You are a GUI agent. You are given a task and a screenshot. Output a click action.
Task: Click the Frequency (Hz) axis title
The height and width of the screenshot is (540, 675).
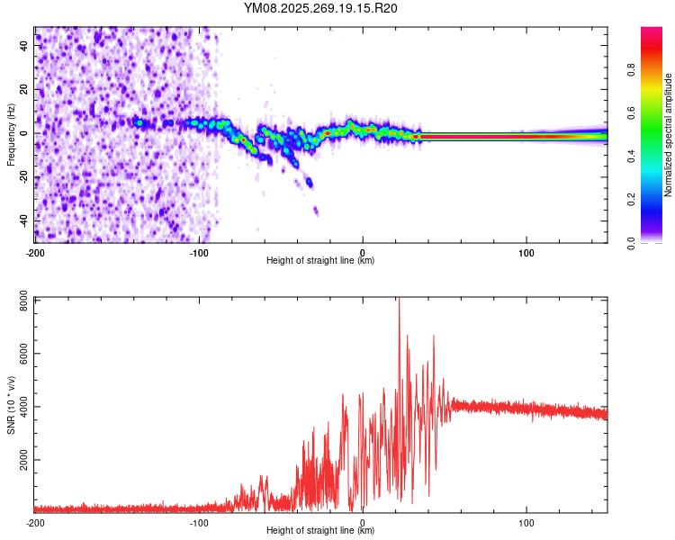11,134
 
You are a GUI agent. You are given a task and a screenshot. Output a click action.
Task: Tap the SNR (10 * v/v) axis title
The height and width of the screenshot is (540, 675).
11,404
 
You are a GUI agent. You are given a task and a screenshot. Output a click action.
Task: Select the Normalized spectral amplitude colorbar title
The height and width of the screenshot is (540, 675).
669,134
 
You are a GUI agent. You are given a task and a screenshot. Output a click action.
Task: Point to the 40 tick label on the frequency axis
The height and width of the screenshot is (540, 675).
22,45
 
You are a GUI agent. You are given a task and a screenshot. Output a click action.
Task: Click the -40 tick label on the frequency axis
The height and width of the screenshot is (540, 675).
21,220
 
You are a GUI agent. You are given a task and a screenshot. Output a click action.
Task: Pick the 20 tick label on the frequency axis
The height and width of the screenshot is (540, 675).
22,89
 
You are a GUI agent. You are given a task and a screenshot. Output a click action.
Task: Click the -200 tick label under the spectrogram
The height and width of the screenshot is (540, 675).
35,251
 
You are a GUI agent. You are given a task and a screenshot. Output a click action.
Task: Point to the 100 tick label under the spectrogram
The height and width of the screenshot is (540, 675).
526,251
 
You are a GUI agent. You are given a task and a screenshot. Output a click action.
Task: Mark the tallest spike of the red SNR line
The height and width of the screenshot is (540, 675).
399,301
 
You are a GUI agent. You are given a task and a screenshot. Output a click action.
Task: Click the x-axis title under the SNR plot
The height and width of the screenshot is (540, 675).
320,531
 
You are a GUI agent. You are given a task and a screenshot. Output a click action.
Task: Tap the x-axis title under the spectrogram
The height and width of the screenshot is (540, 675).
320,260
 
